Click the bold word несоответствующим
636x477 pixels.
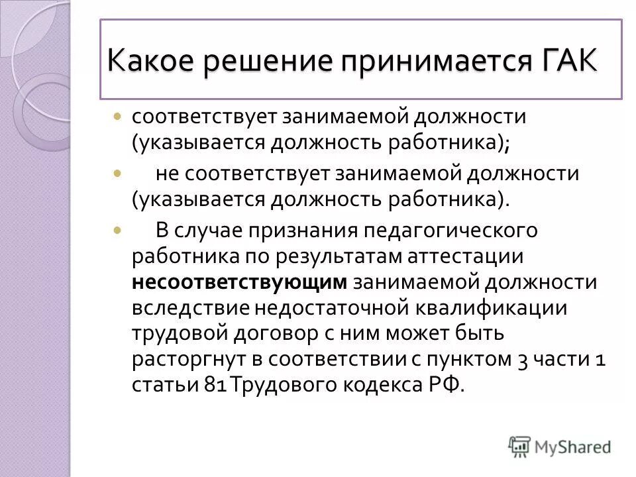coord(239,282)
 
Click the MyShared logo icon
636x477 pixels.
coord(519,446)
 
